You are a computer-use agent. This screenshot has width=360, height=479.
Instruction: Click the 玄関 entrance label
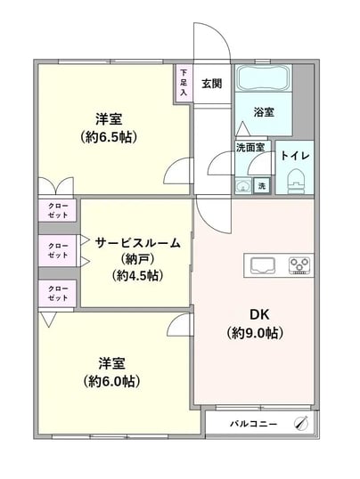pyautogui.click(x=212, y=83)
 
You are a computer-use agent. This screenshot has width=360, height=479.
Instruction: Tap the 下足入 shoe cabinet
pyautogui.click(x=184, y=83)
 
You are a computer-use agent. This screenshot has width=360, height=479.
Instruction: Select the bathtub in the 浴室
pyautogui.click(x=264, y=77)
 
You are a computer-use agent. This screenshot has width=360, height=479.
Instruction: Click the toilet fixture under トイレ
pyautogui.click(x=297, y=181)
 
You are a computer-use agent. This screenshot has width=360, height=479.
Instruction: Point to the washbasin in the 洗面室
pyautogui.click(x=243, y=185)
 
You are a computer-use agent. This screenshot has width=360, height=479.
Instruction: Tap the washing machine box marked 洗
pyautogui.click(x=262, y=185)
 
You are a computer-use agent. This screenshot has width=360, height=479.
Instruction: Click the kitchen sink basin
pyautogui.click(x=263, y=265)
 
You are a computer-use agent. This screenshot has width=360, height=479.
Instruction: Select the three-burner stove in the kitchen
pyautogui.click(x=299, y=265)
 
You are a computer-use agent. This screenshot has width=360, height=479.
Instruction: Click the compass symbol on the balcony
pyautogui.click(x=301, y=424)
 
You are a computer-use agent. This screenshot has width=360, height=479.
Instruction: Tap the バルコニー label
pyautogui.click(x=254, y=424)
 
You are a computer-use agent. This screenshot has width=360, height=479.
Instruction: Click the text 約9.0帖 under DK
pyautogui.click(x=255, y=333)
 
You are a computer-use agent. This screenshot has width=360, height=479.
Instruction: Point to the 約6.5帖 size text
pyautogui.click(x=109, y=137)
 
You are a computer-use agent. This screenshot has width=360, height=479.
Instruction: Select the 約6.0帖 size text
pyautogui.click(x=111, y=382)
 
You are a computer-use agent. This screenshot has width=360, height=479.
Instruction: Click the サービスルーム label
pyautogui.click(x=137, y=243)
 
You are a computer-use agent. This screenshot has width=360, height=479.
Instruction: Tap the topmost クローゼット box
pyautogui.click(x=58, y=210)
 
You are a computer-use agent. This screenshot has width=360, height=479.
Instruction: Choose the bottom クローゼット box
pyautogui.click(x=58, y=293)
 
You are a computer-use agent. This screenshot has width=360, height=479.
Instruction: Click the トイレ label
pyautogui.click(x=295, y=156)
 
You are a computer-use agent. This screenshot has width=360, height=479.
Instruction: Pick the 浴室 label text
pyautogui.click(x=264, y=112)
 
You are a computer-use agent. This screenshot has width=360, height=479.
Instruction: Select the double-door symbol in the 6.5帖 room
pyautogui.click(x=56, y=185)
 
